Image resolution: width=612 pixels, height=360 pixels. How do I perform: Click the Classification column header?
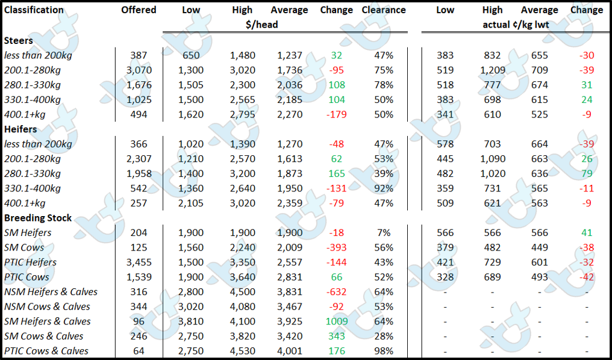pos(34,10)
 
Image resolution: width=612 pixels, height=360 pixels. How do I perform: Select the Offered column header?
pos(139,10)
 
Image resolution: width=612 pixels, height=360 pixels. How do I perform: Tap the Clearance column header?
pos(384,10)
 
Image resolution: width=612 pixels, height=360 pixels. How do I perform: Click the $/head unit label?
pos(262,25)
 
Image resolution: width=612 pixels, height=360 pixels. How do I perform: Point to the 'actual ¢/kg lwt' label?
pos(516,25)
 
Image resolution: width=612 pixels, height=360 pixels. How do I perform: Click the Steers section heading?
pos(18,40)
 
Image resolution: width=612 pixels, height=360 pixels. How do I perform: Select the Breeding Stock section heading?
pos(38,218)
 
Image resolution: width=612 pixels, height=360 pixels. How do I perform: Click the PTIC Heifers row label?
pos(31,262)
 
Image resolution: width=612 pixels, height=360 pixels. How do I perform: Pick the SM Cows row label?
pos(24,247)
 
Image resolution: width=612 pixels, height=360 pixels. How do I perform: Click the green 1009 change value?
pos(337,321)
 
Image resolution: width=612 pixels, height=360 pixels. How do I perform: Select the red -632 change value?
pos(337,292)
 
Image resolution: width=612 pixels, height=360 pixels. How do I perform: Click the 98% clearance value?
pos(384,351)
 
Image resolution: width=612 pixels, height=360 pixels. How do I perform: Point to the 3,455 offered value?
pos(139,262)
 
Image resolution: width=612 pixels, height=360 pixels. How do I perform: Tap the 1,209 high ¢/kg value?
pos(493,70)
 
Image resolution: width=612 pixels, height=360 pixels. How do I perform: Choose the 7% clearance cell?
pos(384,232)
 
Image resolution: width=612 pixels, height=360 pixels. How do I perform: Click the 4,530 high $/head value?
pos(242,351)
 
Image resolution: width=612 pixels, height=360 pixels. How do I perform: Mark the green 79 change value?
pos(587,173)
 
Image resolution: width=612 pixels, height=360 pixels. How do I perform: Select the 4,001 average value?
pos(290,351)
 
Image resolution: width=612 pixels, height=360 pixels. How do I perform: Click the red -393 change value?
pos(337,247)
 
